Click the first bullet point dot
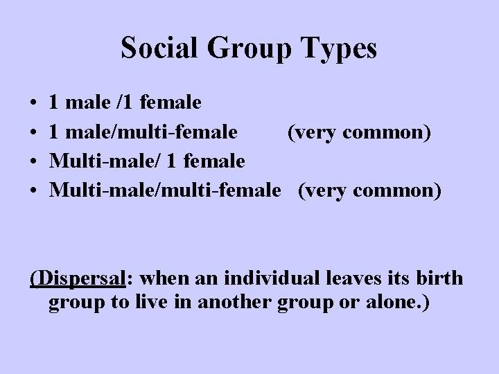(34, 104)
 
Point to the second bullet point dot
(34, 132)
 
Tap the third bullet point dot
(34, 161)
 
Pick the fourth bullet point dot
(34, 190)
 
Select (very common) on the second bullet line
(360, 132)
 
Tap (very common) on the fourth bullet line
(369, 190)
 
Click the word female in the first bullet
(170, 104)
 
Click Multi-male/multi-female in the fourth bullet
(166, 190)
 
